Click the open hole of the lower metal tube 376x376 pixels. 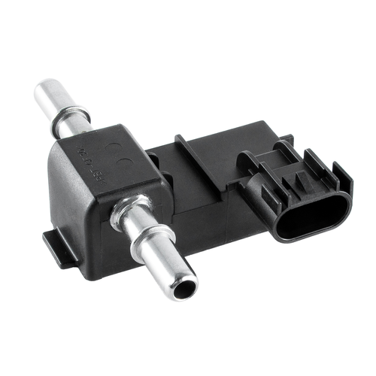click(x=183, y=287)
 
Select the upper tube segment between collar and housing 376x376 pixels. click(x=84, y=129)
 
